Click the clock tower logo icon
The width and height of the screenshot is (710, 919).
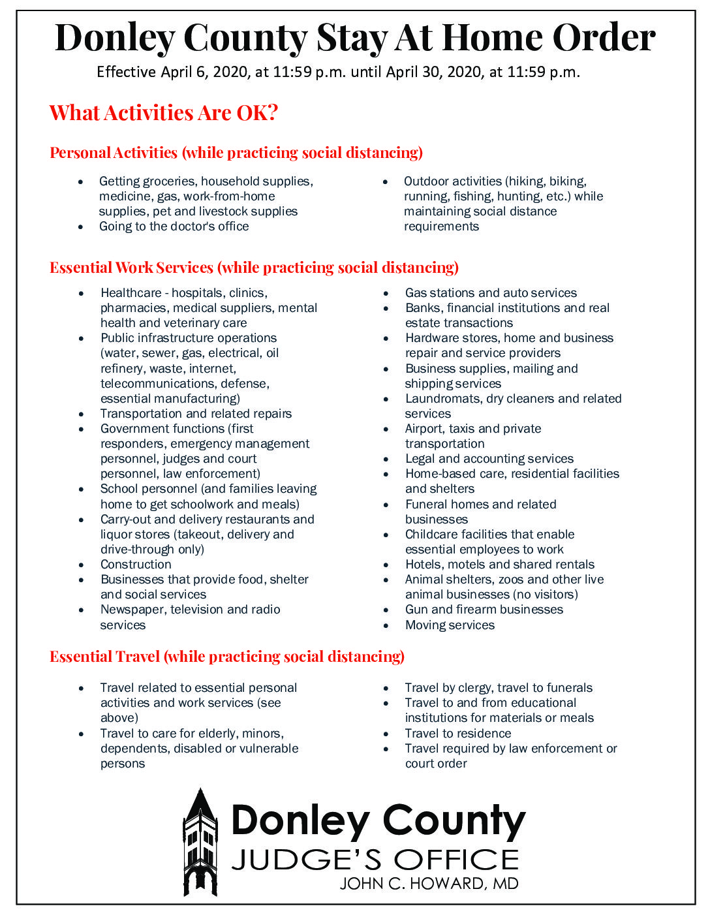(200, 842)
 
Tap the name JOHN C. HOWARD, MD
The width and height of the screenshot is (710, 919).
(429, 884)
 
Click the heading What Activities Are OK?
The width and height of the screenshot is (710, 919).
(164, 113)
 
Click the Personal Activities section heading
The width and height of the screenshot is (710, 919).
(236, 153)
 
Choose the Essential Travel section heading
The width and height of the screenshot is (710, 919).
(227, 657)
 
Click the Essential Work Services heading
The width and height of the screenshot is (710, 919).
(254, 268)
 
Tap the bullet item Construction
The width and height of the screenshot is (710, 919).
(136, 565)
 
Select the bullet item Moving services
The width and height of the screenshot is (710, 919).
(450, 625)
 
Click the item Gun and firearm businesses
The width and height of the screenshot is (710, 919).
(484, 610)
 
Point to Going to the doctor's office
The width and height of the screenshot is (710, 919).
(174, 226)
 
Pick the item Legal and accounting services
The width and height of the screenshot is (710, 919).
(489, 459)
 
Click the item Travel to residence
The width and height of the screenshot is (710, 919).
(457, 734)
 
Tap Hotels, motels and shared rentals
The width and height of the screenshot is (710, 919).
(499, 565)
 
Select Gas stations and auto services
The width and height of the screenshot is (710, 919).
(491, 293)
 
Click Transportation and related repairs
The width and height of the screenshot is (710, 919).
(196, 414)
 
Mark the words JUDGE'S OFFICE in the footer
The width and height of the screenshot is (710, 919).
(375, 860)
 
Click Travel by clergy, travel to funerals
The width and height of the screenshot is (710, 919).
(499, 688)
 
